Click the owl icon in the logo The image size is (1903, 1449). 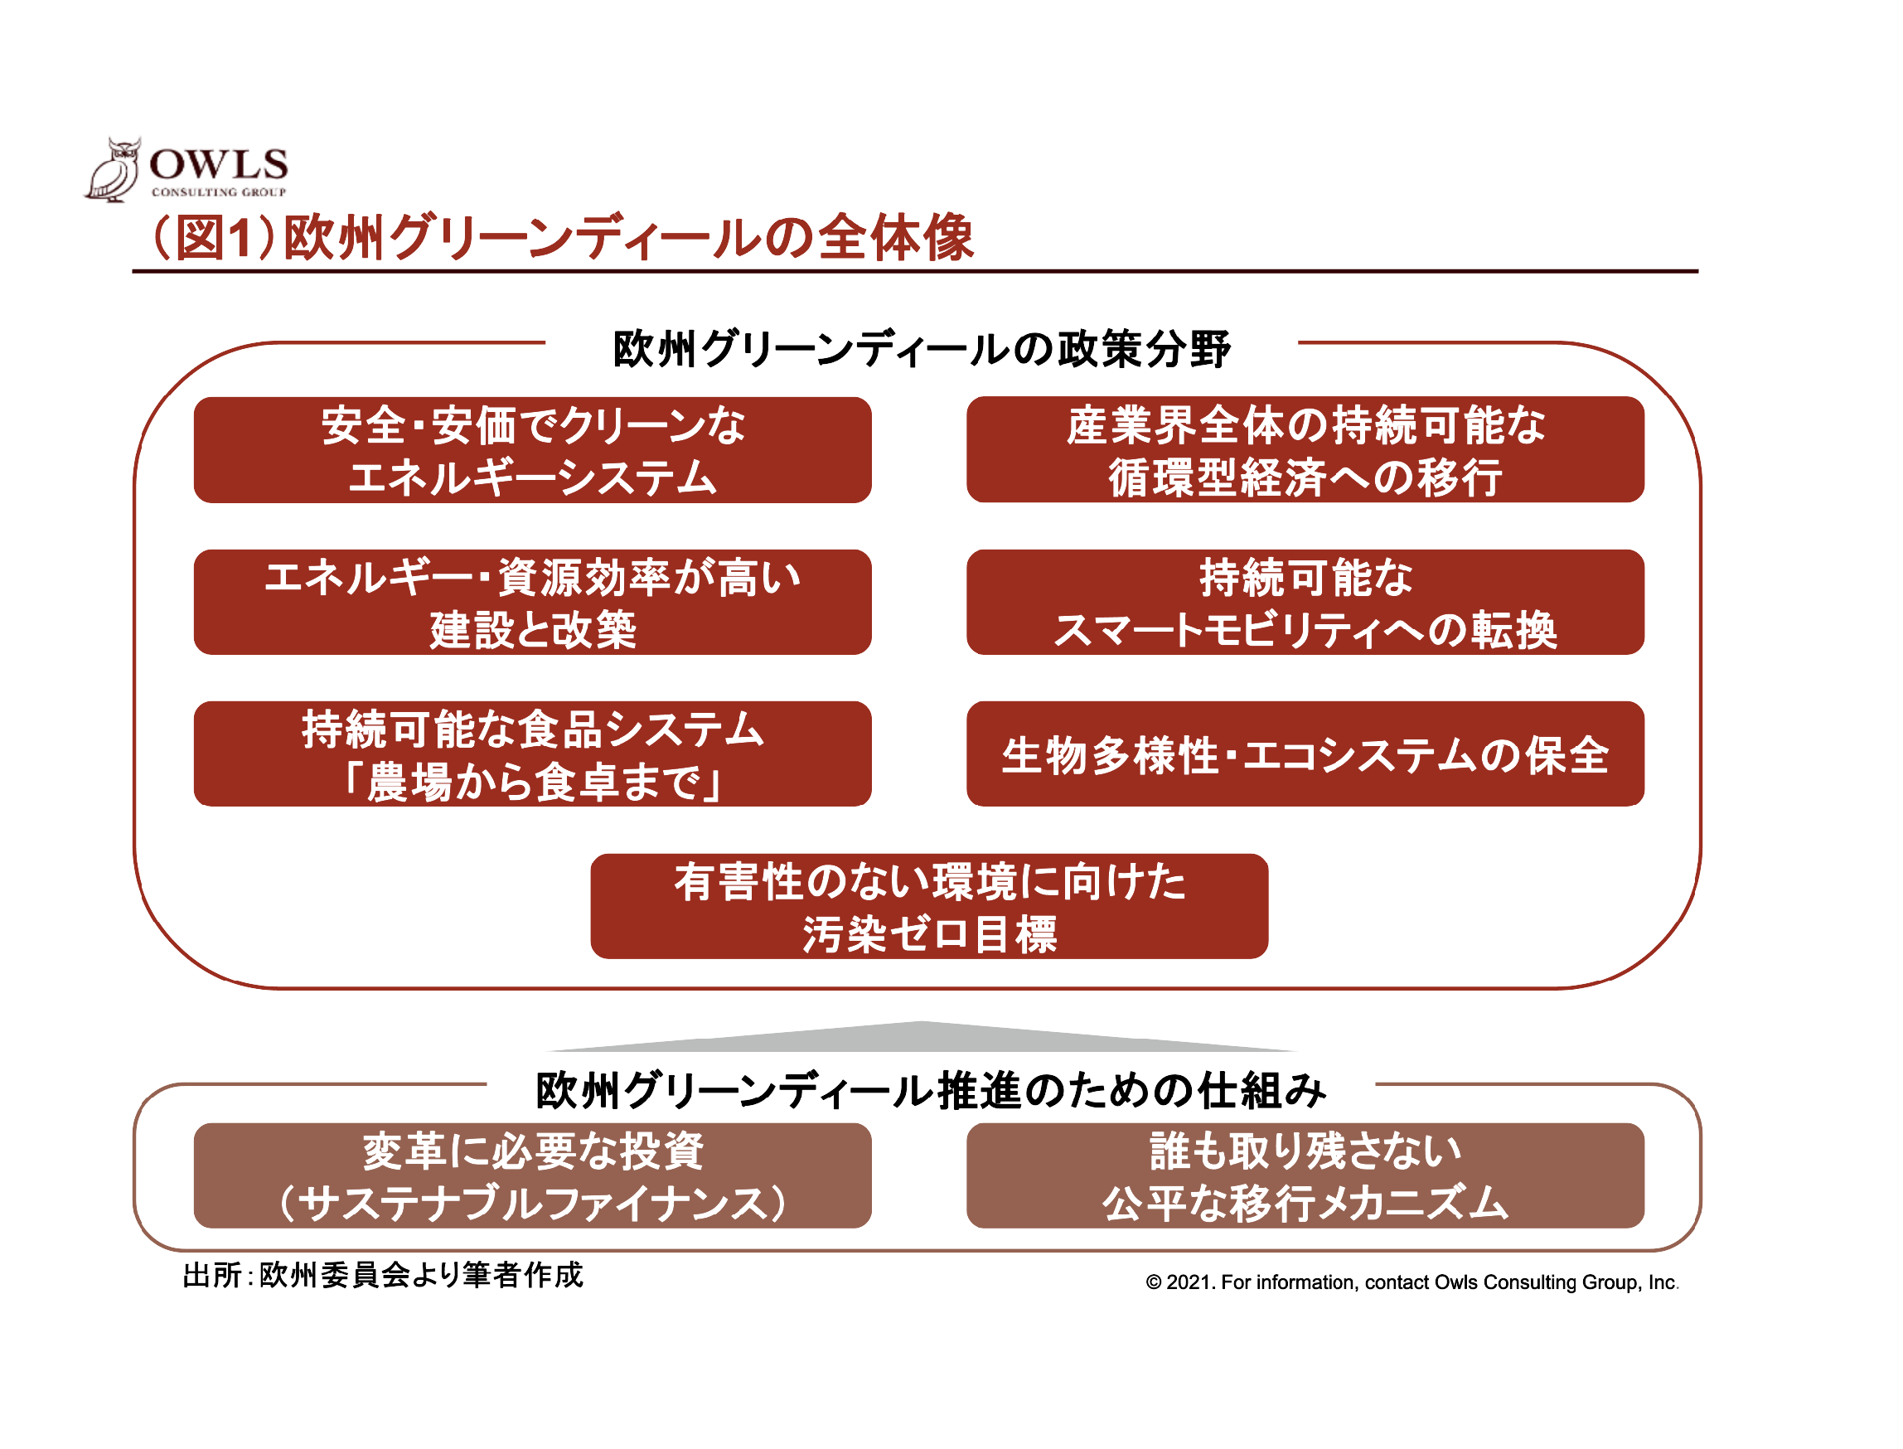click(113, 170)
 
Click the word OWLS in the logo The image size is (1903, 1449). click(218, 164)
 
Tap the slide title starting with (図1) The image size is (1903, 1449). click(561, 237)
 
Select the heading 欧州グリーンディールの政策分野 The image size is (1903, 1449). click(920, 348)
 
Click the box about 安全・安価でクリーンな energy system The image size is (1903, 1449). click(532, 449)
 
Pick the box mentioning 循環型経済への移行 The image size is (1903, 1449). click(1304, 449)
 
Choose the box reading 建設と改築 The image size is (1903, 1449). click(532, 602)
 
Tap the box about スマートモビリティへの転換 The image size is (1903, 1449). click(1304, 602)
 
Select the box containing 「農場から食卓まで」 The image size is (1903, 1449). click(532, 754)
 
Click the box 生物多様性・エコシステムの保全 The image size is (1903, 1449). click(1304, 754)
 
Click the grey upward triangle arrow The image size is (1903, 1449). click(920, 1039)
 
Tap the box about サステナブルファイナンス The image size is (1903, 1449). click(532, 1175)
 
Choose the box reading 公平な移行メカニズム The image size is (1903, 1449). click(1304, 1175)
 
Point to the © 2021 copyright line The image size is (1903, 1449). click(1411, 1282)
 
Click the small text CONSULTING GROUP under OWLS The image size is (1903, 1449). click(218, 191)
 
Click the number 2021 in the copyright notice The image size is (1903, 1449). click(1189, 1282)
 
